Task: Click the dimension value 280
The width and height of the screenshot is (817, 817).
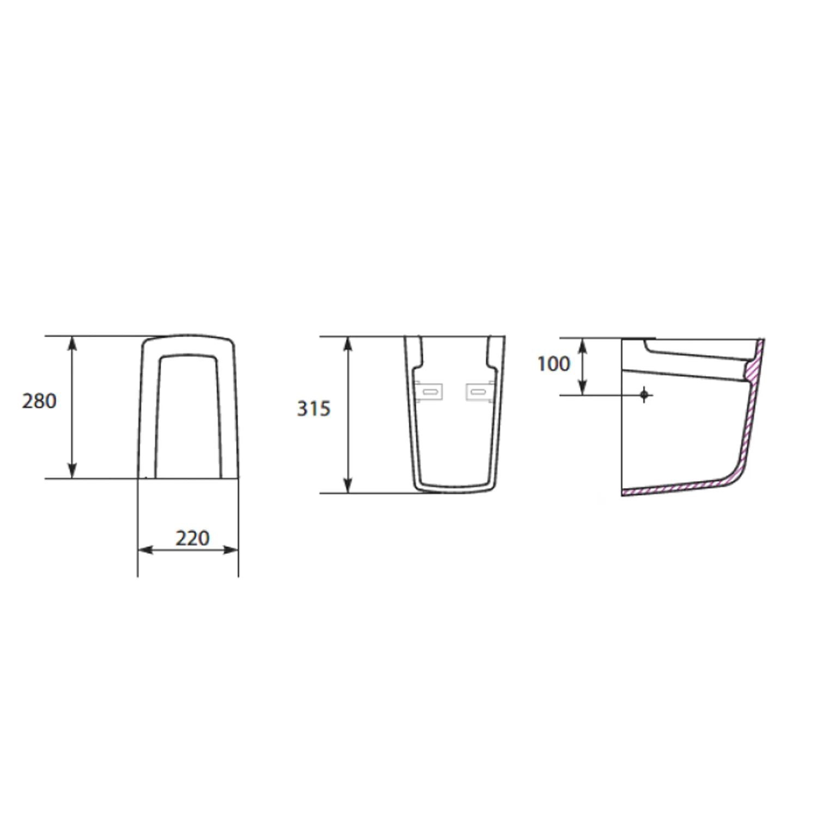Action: point(39,401)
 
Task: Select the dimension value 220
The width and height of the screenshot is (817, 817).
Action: point(192,538)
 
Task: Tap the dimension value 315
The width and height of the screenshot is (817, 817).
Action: point(314,408)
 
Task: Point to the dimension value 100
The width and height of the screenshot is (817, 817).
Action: point(553,364)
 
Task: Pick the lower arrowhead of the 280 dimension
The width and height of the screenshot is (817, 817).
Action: point(72,471)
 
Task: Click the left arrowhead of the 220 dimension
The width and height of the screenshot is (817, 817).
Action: point(145,550)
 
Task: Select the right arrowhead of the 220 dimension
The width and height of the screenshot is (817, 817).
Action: point(231,550)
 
